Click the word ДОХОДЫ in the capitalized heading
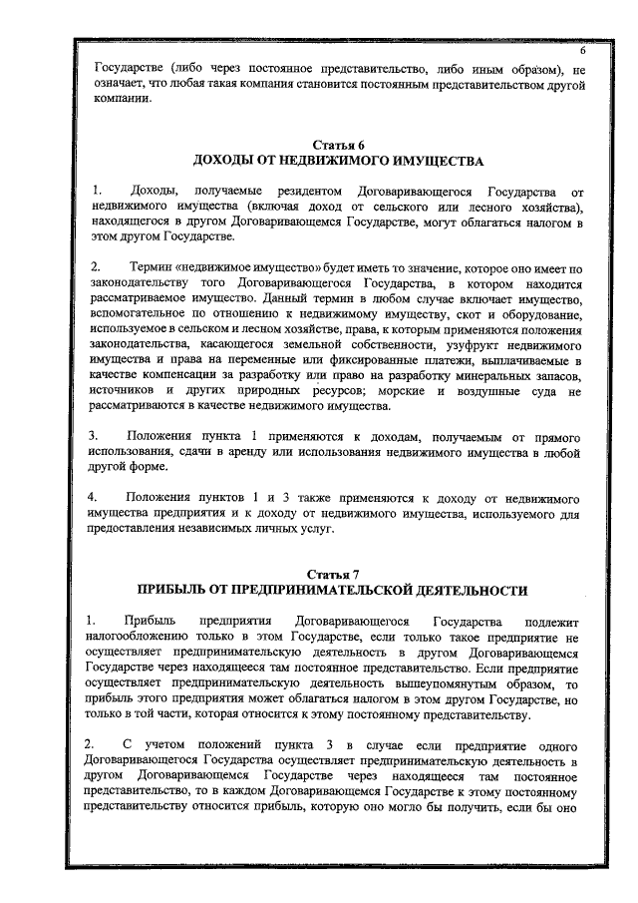click(x=225, y=161)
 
